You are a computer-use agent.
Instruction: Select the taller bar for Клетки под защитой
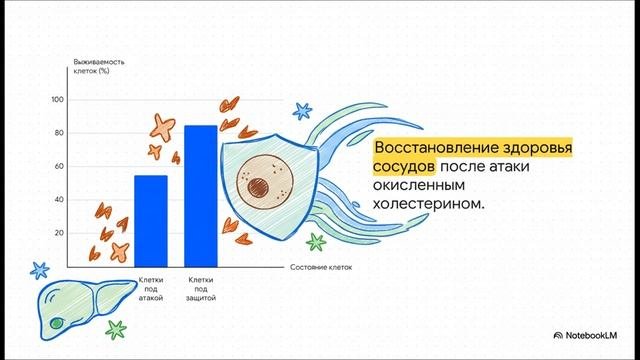pos(200,194)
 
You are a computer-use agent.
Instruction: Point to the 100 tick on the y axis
pos(57,100)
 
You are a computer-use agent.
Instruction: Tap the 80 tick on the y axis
pos(59,133)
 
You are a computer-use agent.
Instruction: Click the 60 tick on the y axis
pos(59,166)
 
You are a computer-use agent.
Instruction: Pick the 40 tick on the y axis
pos(59,200)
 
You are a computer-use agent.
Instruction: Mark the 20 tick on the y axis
pos(59,233)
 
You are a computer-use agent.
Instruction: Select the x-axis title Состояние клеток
pos(321,268)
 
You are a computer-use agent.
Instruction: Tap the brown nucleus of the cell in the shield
pos(263,185)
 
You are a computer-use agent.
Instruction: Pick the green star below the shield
pos(316,241)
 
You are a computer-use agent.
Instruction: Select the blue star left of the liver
pos(39,269)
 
